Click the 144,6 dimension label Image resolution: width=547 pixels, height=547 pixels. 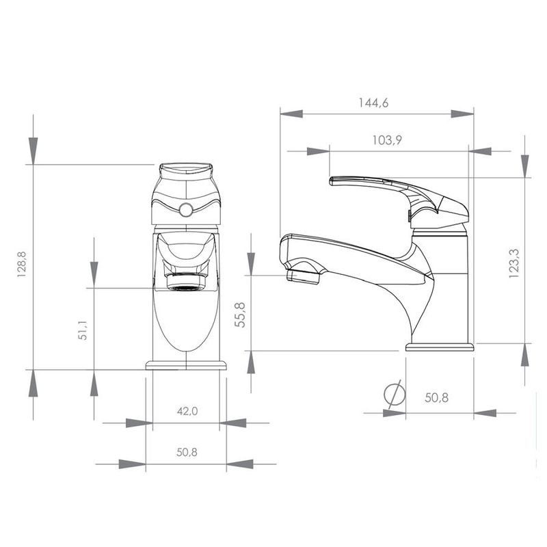click(373, 103)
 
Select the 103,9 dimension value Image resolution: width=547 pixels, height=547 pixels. click(387, 140)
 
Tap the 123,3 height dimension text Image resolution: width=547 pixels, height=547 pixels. click(514, 263)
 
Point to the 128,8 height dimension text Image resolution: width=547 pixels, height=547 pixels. click(22, 264)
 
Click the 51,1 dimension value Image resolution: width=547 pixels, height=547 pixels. click(82, 330)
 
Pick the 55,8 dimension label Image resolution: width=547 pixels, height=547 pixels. click(240, 315)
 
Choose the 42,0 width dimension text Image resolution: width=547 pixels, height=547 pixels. click(187, 411)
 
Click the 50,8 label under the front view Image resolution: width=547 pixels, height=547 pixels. click(187, 452)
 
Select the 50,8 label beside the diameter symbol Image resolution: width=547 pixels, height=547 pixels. click(436, 397)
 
